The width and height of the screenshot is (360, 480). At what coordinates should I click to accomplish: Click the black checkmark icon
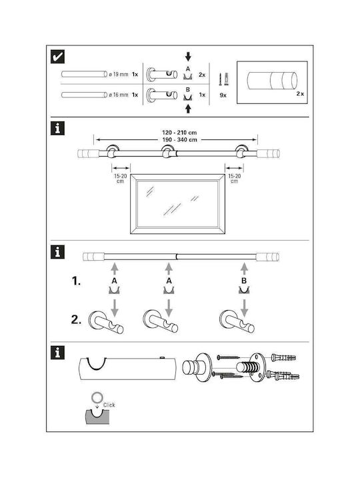coord(57,57)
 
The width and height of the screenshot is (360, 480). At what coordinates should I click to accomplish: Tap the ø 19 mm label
coord(119,75)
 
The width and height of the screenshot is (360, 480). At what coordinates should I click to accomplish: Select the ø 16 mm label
coord(119,95)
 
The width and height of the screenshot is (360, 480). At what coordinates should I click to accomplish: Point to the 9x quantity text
coord(223,95)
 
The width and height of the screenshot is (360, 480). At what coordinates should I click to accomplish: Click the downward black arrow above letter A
coord(188,56)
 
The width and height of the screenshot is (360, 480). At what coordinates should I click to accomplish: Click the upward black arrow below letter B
coord(188,109)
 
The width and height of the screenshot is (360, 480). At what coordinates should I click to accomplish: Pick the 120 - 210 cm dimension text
coord(179,133)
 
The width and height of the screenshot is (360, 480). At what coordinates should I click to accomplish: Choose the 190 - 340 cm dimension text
coord(179,140)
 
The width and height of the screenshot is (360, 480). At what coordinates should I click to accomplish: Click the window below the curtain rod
coord(177,204)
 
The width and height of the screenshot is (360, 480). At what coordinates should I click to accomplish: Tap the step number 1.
coord(76,281)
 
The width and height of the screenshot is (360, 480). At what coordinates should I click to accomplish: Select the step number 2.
coord(76,320)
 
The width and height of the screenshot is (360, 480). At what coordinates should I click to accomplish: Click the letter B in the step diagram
coord(244,281)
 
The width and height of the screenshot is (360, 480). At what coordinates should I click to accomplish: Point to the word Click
coord(109,405)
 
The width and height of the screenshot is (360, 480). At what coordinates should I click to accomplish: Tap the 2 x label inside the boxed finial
coord(300,94)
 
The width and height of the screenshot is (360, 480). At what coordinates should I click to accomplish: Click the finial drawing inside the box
coord(272,81)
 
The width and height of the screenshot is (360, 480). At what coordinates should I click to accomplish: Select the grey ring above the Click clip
coord(97,397)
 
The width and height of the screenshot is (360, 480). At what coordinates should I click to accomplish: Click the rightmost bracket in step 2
coord(237,322)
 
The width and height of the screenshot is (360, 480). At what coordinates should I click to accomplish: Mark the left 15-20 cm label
coord(120,179)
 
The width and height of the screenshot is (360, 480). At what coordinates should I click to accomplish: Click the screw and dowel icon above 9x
coord(224,79)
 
